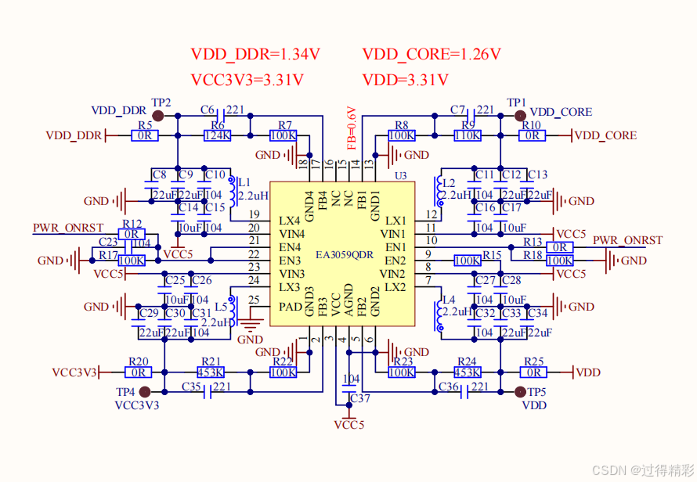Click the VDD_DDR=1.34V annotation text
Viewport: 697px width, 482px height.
click(255, 55)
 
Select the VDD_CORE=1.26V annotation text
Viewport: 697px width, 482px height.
click(431, 55)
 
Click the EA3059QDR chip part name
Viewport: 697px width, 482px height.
click(345, 254)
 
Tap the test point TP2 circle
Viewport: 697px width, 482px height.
click(157, 116)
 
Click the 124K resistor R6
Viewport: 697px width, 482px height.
click(217, 135)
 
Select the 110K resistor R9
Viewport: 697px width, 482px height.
click(468, 135)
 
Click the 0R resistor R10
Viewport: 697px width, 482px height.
click(532, 135)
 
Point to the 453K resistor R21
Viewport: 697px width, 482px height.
click(210, 372)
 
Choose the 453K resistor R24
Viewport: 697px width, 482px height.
click(467, 372)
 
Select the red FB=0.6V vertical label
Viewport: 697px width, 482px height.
click(352, 128)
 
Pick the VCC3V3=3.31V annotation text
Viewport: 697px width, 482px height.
click(247, 80)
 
